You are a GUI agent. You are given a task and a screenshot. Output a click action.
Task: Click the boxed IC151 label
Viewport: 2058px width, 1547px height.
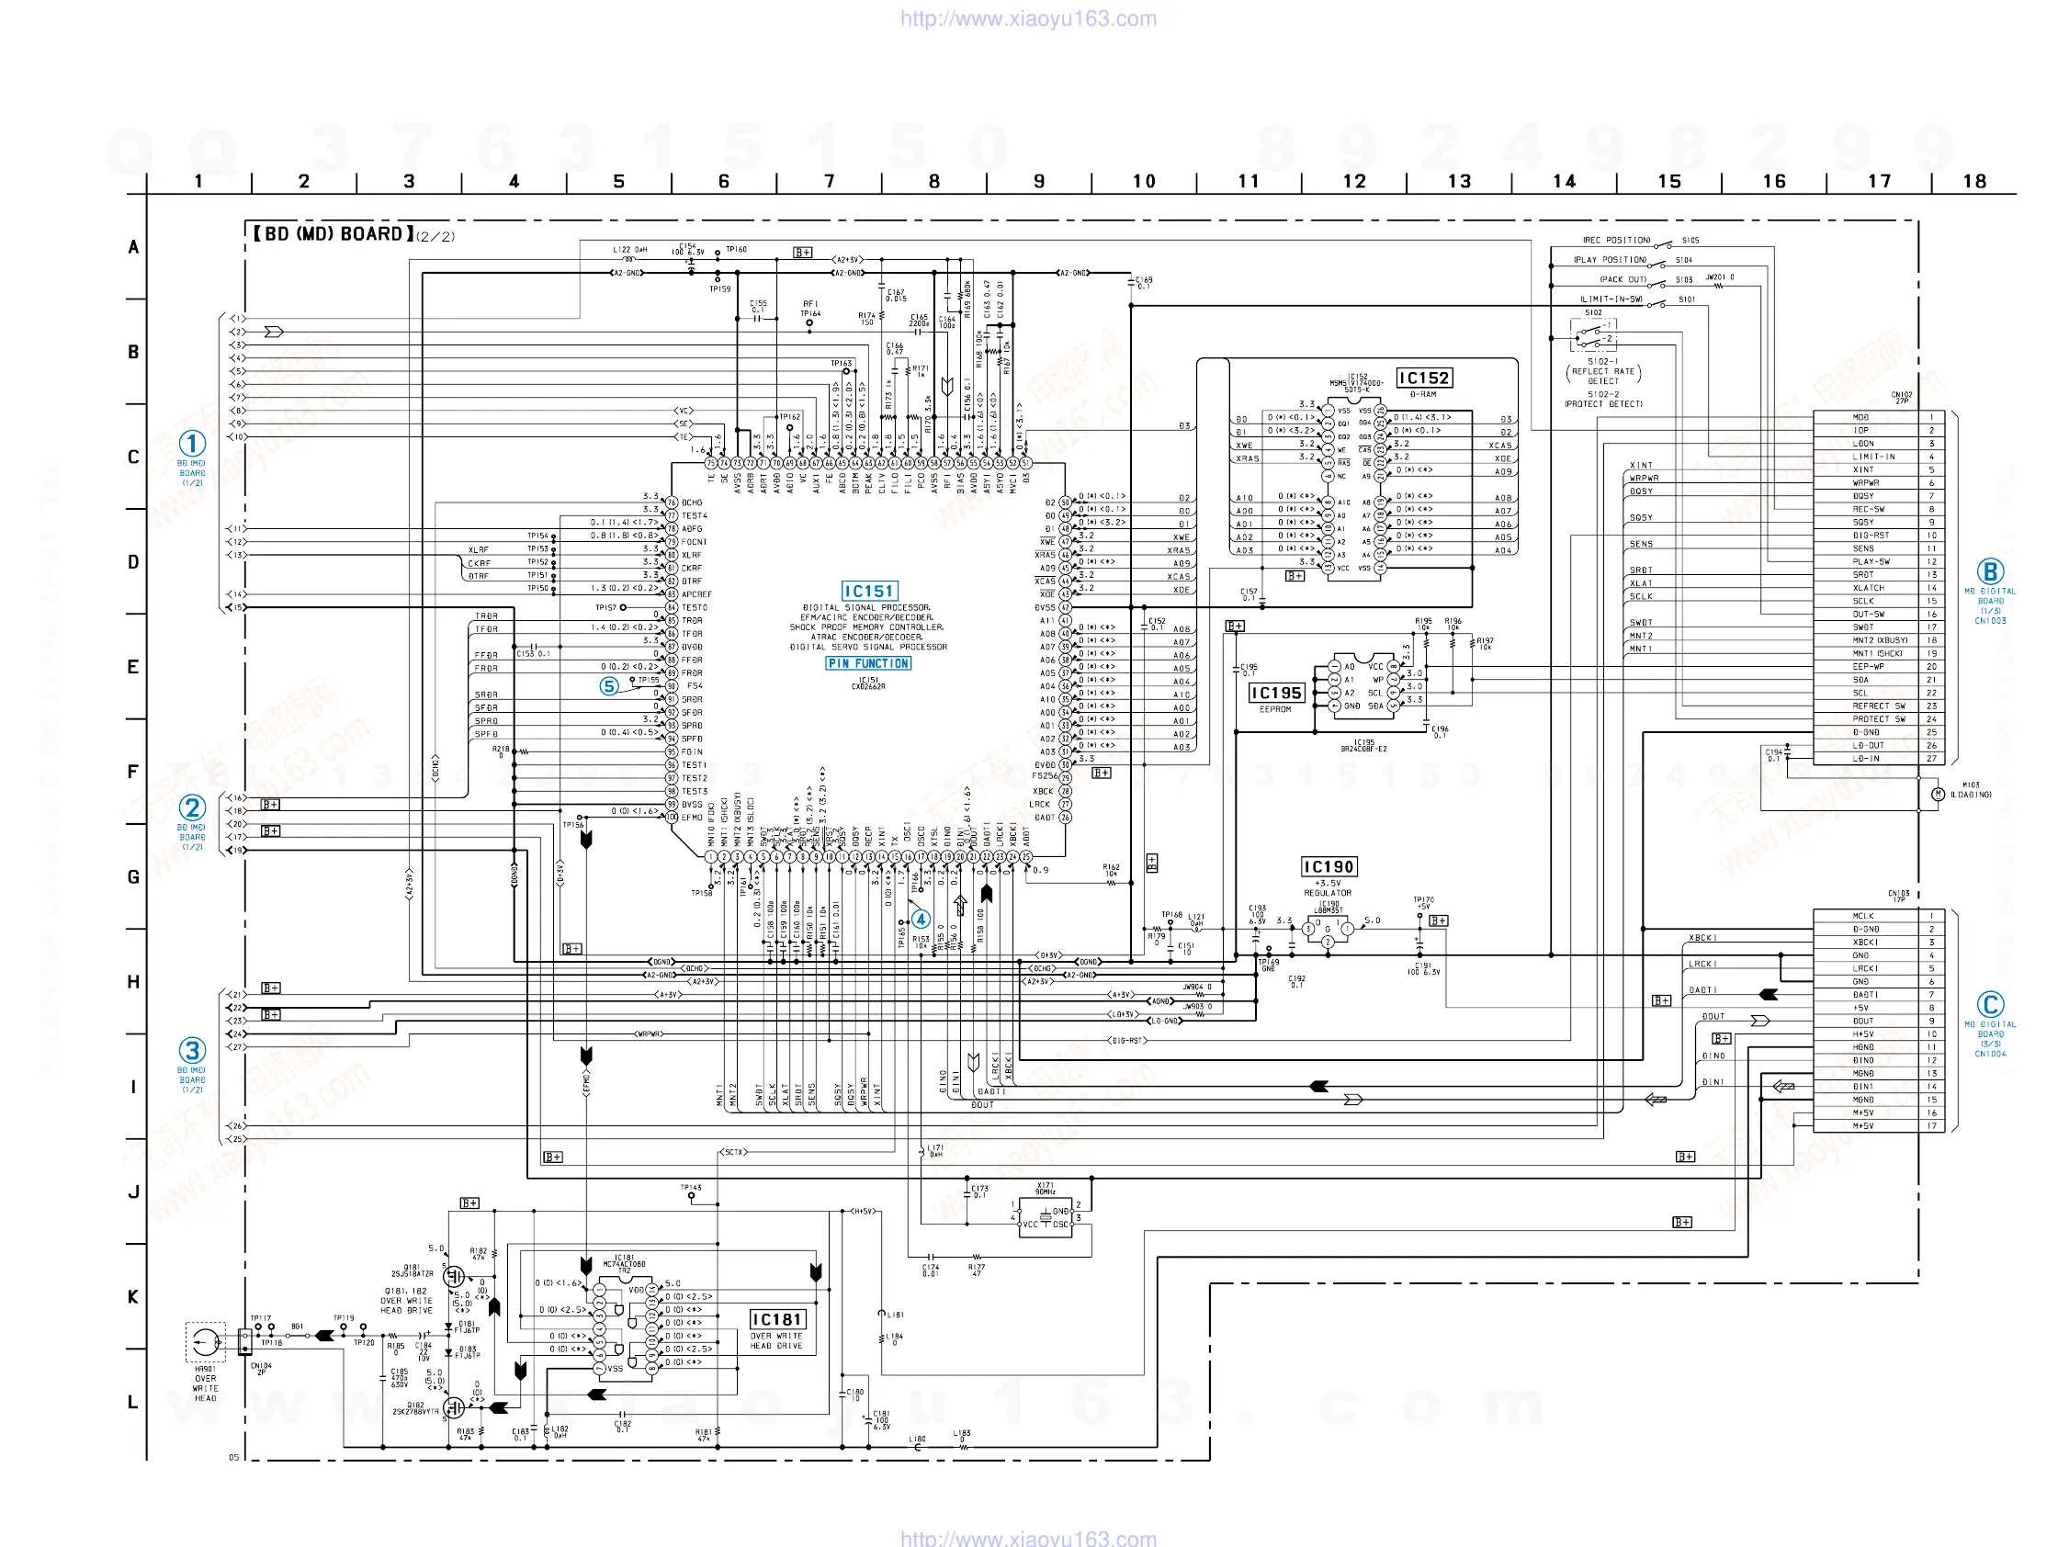(869, 591)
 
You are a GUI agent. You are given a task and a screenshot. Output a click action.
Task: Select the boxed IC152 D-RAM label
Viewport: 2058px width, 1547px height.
(1423, 378)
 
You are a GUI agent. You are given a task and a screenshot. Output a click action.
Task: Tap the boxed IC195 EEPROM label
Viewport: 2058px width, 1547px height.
(1275, 693)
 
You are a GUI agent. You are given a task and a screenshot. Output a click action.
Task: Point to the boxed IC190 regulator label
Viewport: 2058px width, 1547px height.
(1328, 867)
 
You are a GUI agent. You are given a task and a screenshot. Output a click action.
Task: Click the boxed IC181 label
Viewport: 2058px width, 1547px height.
(777, 1319)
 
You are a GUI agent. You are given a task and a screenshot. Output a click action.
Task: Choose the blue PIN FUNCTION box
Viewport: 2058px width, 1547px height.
(868, 663)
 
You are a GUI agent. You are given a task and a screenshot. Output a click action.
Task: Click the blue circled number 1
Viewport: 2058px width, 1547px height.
(192, 443)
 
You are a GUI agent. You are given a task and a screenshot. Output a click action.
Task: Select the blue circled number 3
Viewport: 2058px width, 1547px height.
(192, 1050)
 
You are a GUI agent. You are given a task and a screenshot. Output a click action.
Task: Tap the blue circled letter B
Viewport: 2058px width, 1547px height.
(1990, 571)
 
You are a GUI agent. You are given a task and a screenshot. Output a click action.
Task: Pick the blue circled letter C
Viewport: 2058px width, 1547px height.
(1990, 1005)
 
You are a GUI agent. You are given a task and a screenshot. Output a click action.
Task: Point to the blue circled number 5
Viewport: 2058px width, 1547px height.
(608, 686)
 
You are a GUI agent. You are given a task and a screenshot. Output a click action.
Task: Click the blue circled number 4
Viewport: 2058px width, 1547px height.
(921, 919)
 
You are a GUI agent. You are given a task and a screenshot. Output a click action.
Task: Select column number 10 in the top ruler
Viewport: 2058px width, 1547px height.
(1144, 181)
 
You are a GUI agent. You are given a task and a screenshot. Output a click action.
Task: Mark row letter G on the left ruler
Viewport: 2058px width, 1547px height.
(133, 877)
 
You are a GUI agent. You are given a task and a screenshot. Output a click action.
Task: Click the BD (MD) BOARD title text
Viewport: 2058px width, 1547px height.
(334, 234)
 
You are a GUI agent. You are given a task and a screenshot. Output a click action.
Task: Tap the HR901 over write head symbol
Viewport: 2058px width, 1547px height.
(205, 1341)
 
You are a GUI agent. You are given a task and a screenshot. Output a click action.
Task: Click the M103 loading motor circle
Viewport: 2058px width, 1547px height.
(1938, 794)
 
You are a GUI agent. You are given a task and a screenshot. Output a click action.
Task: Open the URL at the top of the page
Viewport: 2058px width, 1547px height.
(1028, 18)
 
